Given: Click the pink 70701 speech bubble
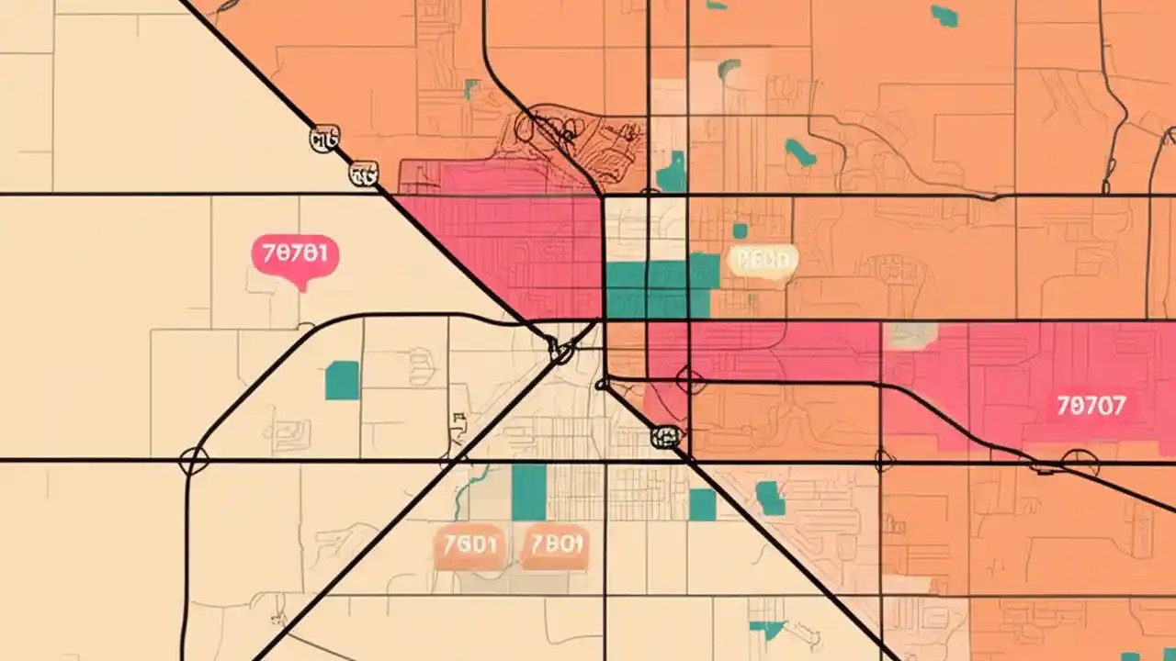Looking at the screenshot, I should (x=295, y=255).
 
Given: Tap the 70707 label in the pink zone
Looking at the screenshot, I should (x=1091, y=405).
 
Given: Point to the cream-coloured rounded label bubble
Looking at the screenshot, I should (x=762, y=261).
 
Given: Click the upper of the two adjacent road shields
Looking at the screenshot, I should (x=324, y=140).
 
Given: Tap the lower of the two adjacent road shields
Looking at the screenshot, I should (x=364, y=174).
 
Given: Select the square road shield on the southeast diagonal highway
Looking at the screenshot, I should (x=665, y=437).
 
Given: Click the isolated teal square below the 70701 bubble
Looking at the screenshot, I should (x=342, y=380).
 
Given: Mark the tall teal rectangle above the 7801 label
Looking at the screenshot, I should (x=529, y=492).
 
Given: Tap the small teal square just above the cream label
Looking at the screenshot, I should (x=740, y=230).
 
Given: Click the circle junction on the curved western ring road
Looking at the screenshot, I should (x=193, y=460).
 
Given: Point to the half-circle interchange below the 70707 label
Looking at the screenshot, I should (x=1079, y=461).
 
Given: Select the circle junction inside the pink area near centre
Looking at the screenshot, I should (x=690, y=379).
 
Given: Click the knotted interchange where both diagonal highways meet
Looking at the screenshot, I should (x=561, y=350).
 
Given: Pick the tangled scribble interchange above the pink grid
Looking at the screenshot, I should (x=570, y=138).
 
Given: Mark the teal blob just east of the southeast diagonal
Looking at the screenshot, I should (x=770, y=499).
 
